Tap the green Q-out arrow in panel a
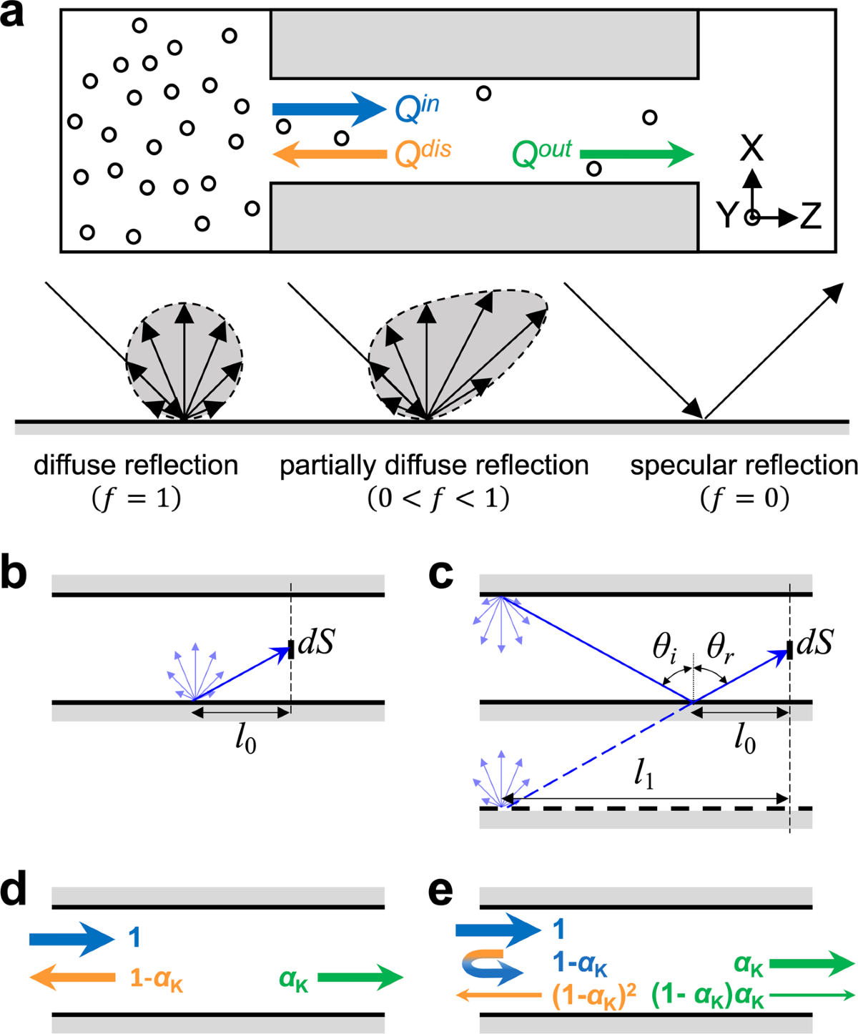(x=636, y=154)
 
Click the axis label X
(x=751, y=149)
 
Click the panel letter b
(x=14, y=574)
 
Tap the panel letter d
(x=14, y=890)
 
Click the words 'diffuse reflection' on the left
(x=136, y=466)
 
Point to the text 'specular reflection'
(x=744, y=466)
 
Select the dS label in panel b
(x=316, y=644)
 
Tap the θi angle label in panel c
(x=664, y=648)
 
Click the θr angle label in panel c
(x=719, y=648)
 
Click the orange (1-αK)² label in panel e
(x=594, y=996)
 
